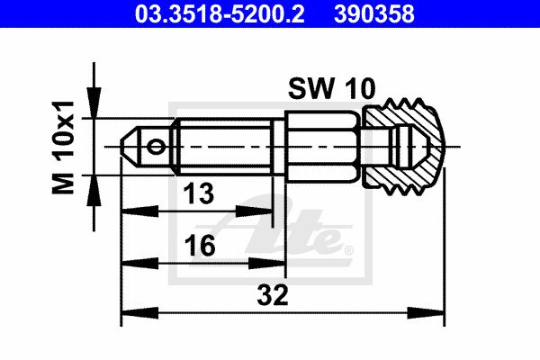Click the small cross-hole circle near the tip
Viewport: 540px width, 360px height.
pos(157,146)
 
